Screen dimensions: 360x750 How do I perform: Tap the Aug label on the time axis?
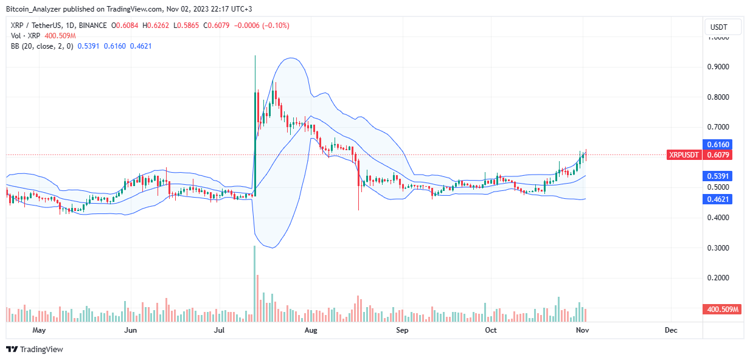[311, 330]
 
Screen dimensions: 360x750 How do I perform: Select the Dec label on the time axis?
[671, 330]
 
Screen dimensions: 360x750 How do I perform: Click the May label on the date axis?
[39, 330]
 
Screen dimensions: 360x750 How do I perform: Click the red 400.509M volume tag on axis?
[723, 310]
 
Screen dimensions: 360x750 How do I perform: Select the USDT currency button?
[724, 27]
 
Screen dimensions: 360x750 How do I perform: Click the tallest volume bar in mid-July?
[254, 283]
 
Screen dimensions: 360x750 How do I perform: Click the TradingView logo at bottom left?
[35, 350]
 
